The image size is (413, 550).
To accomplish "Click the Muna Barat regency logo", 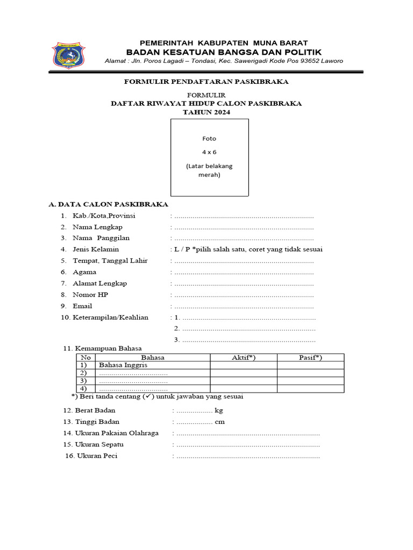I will [68, 55].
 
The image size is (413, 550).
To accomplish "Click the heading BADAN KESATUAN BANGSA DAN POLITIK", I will [224, 52].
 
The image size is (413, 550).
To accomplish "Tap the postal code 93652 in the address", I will [308, 61].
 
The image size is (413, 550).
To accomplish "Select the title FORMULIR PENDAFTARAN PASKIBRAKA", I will [206, 82].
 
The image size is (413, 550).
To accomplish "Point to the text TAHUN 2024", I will [206, 112].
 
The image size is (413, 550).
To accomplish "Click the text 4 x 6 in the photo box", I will [209, 152].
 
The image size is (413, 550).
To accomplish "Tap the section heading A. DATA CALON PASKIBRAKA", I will [109, 205].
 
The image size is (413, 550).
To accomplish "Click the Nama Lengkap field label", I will [97, 227].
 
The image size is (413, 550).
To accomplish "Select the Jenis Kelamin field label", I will [96, 250].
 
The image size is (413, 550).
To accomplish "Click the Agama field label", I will [84, 272].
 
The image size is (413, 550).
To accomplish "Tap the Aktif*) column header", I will [243, 358].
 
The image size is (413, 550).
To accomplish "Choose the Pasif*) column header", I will [310, 358].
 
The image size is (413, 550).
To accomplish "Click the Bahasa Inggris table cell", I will [123, 365].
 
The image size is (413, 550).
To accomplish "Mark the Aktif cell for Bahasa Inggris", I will [243, 365].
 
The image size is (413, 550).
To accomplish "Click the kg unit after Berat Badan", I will [218, 411].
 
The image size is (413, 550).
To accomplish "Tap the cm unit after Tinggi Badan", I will [219, 422].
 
